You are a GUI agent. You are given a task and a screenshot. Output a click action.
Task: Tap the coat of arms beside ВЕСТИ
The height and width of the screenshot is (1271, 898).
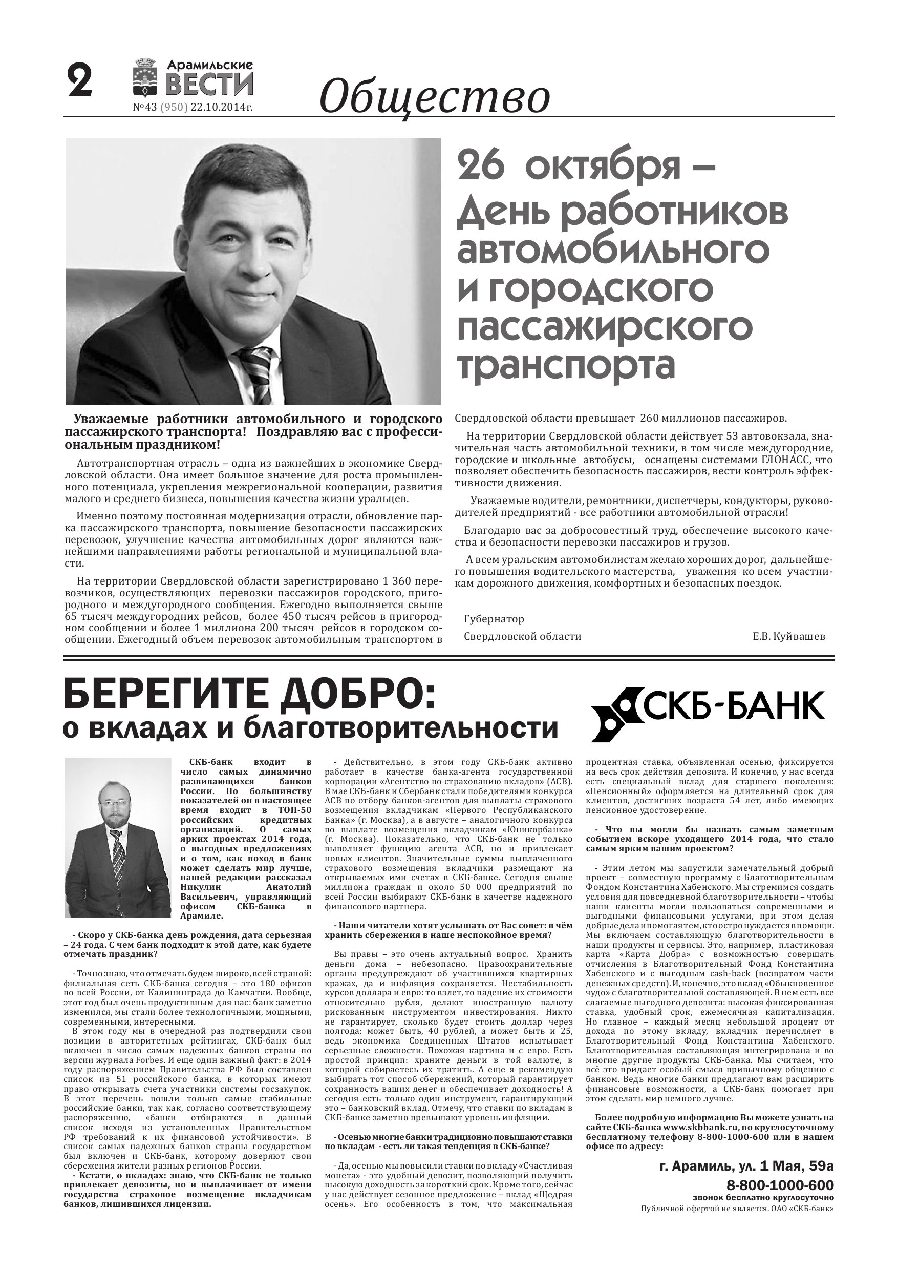point(146,78)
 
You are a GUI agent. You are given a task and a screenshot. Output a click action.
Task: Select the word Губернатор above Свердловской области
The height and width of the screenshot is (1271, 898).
point(494,619)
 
